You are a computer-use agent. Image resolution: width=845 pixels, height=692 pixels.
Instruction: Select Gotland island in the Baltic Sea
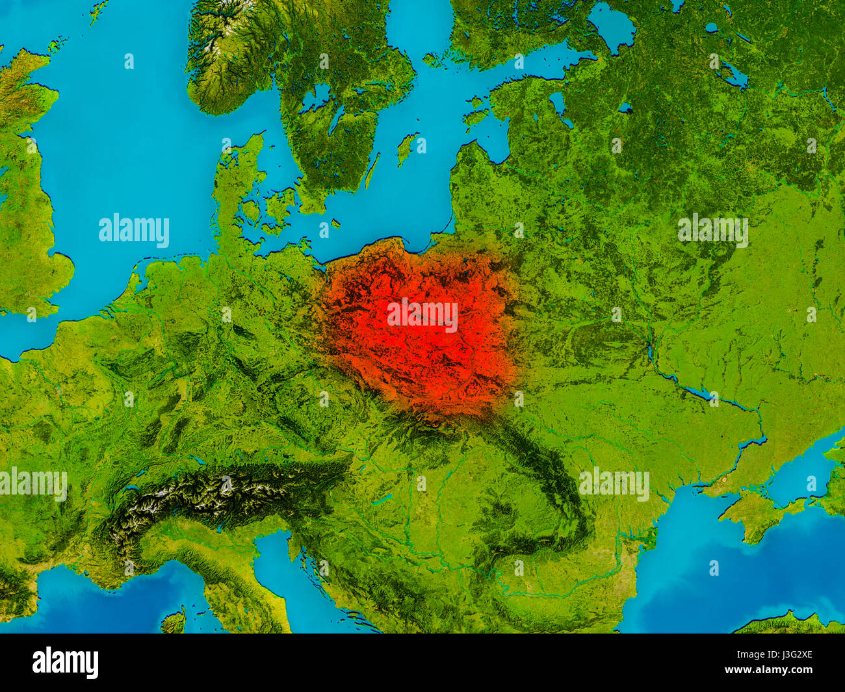click(407, 148)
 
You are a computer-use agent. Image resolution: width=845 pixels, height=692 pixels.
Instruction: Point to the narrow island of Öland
click(371, 171)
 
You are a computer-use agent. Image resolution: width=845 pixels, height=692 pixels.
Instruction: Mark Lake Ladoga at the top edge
click(611, 26)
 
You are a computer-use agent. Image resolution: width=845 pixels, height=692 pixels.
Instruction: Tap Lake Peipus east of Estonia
click(557, 104)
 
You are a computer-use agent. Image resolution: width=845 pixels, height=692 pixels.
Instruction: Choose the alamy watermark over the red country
click(422, 314)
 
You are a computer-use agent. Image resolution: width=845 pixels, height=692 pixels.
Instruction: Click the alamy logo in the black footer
click(65, 663)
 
